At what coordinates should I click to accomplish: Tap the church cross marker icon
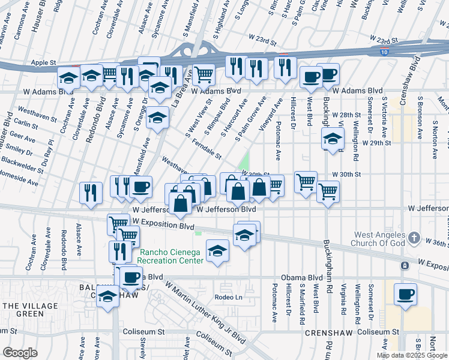click(414, 239)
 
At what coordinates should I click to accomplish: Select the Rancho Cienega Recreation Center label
click(172, 256)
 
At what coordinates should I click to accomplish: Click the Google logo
click(20, 353)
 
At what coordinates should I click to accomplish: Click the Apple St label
click(43, 62)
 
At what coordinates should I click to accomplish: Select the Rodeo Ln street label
click(228, 297)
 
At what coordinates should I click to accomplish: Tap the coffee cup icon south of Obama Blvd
click(406, 295)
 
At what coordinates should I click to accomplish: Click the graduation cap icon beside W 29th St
click(332, 139)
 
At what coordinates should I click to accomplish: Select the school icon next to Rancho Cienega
click(217, 250)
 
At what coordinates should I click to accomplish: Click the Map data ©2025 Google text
click(412, 355)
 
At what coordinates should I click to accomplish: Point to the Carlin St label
click(25, 127)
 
